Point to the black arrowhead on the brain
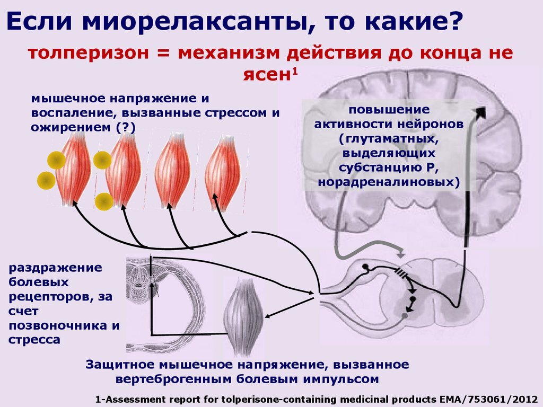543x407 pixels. click(480, 112)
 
